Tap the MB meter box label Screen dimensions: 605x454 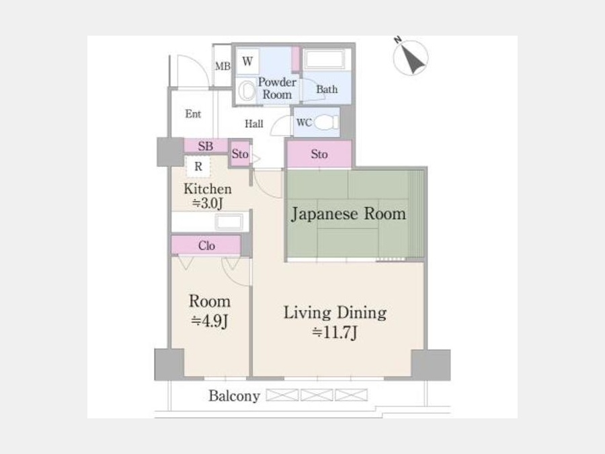click(x=223, y=67)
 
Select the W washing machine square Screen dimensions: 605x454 click(x=247, y=61)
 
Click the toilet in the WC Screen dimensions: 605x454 click(x=326, y=122)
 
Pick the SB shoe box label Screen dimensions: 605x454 click(x=205, y=147)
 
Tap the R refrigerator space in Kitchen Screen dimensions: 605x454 click(x=198, y=166)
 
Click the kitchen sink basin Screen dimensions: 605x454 click(x=229, y=222)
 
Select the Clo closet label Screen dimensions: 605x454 click(x=206, y=245)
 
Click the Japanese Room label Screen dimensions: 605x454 click(x=348, y=214)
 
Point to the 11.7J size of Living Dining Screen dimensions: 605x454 click(x=335, y=332)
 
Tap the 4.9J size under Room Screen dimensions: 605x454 click(x=210, y=320)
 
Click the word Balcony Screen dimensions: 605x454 click(x=234, y=396)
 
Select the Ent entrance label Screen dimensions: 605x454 click(x=193, y=114)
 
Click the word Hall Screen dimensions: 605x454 click(x=254, y=124)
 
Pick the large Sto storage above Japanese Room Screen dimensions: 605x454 click(x=319, y=154)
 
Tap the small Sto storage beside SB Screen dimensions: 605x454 click(x=240, y=154)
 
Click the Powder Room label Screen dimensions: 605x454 click(x=277, y=88)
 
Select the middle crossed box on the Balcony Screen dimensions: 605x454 click(x=317, y=395)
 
